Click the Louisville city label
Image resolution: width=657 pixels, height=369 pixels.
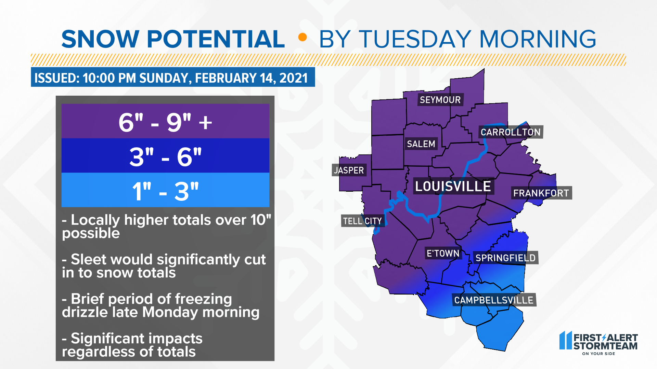(x=453, y=187)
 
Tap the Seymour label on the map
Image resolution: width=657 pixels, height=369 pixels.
(x=440, y=100)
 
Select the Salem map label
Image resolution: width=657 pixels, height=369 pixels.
(x=421, y=144)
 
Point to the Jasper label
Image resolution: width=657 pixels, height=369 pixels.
(x=349, y=170)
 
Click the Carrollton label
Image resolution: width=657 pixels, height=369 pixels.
(x=510, y=132)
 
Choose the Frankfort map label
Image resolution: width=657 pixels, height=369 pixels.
(x=541, y=193)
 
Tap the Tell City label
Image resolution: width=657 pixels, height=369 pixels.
(x=362, y=221)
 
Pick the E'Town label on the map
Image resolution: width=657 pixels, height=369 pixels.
(x=443, y=253)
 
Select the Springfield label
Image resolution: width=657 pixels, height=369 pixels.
(x=505, y=258)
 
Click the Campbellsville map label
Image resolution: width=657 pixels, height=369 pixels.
(x=493, y=300)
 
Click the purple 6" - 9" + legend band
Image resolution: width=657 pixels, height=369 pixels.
(x=165, y=121)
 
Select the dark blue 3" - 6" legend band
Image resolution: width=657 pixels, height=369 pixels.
(x=165, y=156)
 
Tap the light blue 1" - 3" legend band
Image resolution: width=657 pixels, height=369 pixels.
(x=165, y=190)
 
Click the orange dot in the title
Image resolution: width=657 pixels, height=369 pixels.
(x=302, y=37)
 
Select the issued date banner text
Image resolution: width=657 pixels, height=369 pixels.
(x=171, y=78)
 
